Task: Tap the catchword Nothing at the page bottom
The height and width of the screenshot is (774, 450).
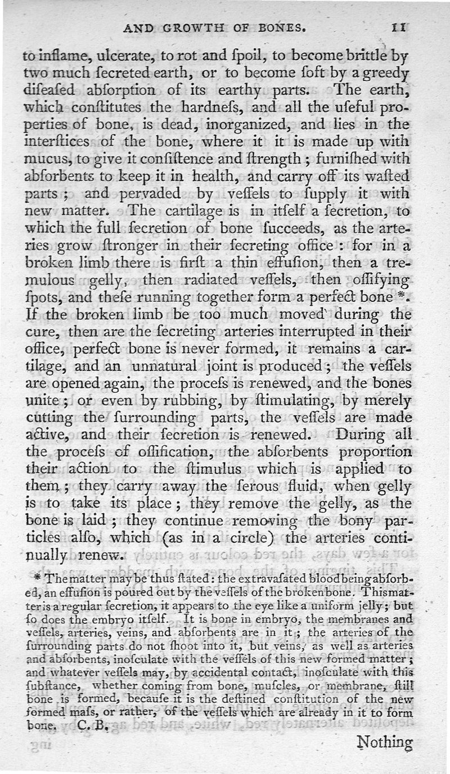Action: (385, 742)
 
